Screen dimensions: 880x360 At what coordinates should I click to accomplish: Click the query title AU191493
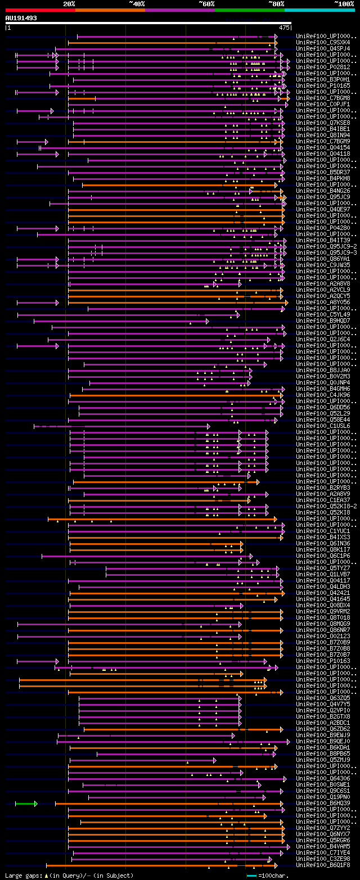coord(21,18)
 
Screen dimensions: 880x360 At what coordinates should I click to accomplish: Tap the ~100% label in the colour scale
coord(344,3)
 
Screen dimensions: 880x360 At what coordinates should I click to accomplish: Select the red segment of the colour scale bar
coord(40,10)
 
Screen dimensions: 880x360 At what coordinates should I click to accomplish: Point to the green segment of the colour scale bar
coord(249,10)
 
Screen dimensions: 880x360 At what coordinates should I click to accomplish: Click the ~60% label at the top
coord(206,3)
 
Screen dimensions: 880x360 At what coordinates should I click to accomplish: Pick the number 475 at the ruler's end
coord(284,27)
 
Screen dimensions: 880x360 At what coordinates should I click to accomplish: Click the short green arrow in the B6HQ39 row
coord(26,803)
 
